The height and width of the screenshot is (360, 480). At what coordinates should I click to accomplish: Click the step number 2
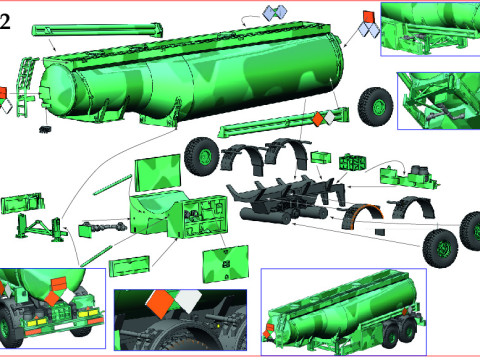(x=7, y=21)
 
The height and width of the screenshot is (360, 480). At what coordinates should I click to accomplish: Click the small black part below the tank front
(x=45, y=129)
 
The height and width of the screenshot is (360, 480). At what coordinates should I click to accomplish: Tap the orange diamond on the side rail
(x=317, y=119)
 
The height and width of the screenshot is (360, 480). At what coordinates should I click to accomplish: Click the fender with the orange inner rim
(x=364, y=219)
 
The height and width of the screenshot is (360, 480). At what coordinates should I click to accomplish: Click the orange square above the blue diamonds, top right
(x=367, y=17)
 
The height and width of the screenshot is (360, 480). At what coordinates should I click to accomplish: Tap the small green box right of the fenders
(x=323, y=157)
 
